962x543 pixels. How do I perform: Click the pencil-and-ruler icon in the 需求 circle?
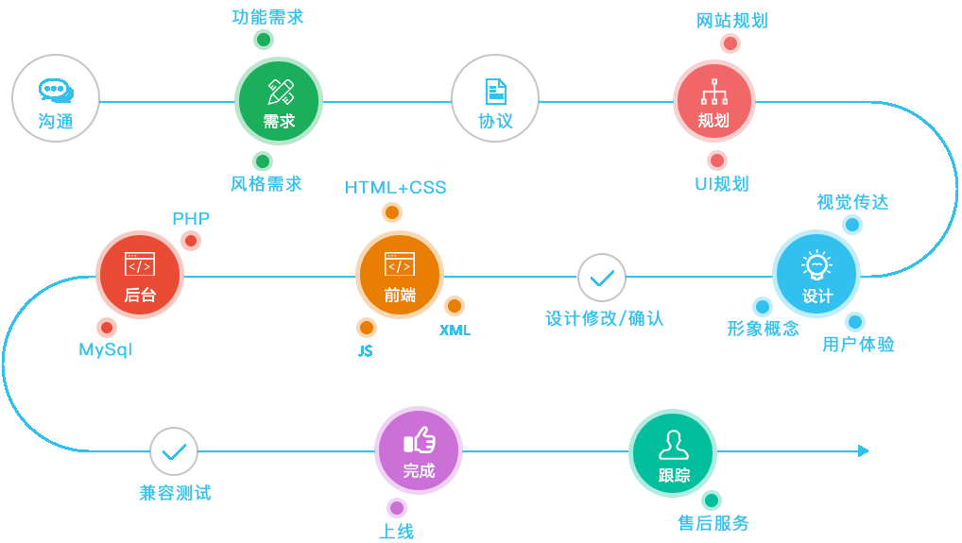280,92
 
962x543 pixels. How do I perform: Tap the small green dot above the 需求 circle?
264,40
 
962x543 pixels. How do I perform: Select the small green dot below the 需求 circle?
263,161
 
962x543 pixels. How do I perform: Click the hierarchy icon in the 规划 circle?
714,92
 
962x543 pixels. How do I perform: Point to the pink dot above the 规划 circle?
730,43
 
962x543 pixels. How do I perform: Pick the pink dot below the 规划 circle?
716,161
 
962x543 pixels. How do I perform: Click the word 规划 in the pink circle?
713,121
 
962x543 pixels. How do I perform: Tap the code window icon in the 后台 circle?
140,264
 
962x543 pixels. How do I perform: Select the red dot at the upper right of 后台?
191,241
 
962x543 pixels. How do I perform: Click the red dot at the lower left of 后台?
107,328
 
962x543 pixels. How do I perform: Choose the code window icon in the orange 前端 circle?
400,264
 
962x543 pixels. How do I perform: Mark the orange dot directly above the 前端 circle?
391,212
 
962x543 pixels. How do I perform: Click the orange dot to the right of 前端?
455,306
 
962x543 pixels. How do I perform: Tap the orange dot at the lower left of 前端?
367,328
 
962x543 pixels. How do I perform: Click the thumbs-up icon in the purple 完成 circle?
419,440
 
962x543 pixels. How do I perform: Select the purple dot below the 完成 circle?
397,508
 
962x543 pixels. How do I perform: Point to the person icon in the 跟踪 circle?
673,444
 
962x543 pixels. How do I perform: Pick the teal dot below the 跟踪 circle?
712,501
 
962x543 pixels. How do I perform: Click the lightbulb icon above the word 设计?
816,264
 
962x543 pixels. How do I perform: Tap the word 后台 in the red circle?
140,296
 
